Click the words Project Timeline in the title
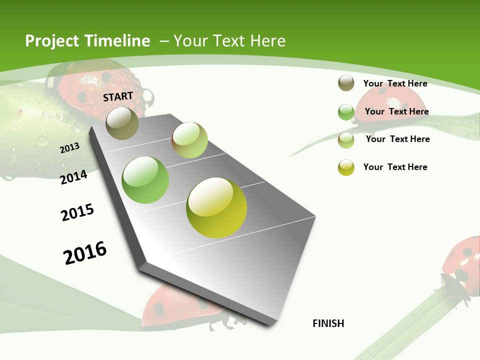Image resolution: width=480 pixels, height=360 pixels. [87, 41]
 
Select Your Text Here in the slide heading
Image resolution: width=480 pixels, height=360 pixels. [229, 41]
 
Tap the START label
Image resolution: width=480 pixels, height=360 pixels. [118, 96]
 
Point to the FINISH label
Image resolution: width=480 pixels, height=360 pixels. [328, 323]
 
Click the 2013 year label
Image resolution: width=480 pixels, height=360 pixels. [69, 148]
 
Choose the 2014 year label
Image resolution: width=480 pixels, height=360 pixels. [73, 177]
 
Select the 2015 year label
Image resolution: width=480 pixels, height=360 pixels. [77, 212]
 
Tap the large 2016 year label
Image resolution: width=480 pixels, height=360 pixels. [85, 252]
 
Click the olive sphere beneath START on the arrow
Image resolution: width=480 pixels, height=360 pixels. [122, 123]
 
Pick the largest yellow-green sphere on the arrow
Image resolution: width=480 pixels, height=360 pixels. [216, 207]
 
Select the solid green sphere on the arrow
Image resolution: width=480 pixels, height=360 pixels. [145, 180]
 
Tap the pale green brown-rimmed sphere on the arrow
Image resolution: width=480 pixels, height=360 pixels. [189, 140]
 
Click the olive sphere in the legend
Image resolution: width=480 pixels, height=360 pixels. [346, 83]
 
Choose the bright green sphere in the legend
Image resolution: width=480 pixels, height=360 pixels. [346, 112]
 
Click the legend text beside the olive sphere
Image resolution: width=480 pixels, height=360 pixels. [395, 83]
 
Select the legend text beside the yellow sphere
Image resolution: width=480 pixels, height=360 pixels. [395, 167]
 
